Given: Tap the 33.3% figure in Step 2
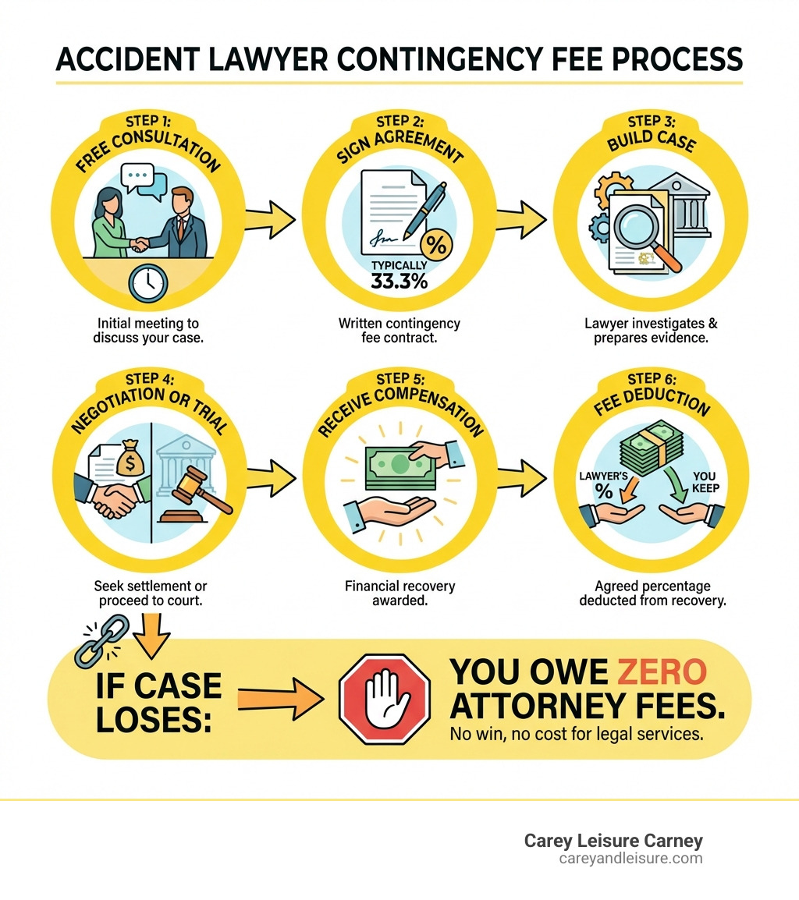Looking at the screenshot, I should [399, 282].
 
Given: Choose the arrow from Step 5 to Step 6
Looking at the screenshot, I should [520, 469].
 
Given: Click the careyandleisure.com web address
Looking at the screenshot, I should [630, 859].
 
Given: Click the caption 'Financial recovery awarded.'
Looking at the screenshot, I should [399, 593].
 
